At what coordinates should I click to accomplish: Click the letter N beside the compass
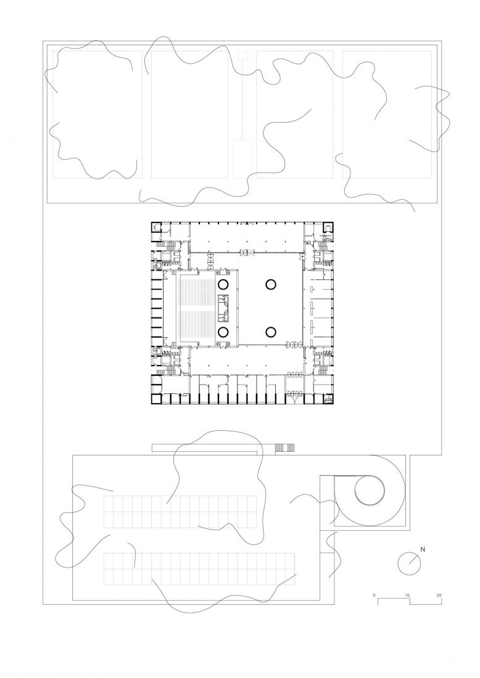(423, 548)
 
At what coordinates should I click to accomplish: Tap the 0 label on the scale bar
(374, 595)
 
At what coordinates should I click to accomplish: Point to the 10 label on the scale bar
(407, 595)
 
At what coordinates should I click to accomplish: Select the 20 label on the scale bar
(439, 595)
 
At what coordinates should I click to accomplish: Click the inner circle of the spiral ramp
(370, 491)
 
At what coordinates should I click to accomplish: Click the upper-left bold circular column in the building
(223, 284)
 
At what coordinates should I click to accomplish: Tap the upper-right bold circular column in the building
(271, 284)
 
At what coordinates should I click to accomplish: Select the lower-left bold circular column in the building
(223, 332)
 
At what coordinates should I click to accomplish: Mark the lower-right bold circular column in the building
(271, 332)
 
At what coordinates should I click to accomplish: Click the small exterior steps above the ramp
(284, 447)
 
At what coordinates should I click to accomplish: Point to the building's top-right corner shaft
(328, 228)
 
